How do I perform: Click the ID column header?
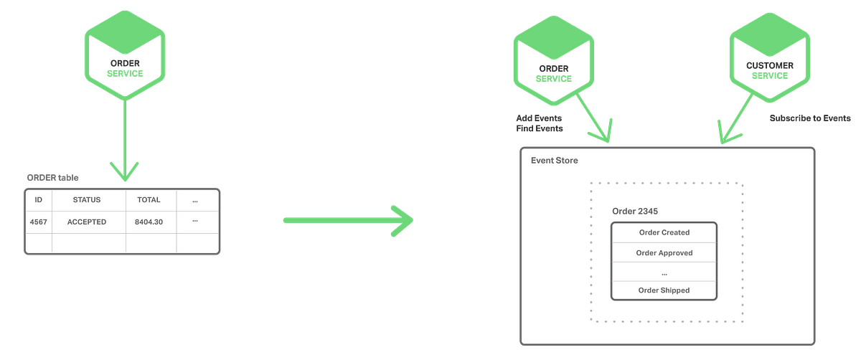(38, 200)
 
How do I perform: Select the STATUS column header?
(87, 200)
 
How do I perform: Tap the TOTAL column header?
(149, 200)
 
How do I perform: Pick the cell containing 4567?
(38, 222)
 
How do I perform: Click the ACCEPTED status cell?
(87, 222)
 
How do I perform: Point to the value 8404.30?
(149, 222)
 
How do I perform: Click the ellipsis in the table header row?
(195, 200)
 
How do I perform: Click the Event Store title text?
(554, 161)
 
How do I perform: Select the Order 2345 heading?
(635, 212)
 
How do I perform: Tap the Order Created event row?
(664, 232)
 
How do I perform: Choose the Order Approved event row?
(664, 252)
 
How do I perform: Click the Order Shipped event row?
(664, 290)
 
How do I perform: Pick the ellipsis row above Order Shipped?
(664, 273)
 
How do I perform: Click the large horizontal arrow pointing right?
(348, 220)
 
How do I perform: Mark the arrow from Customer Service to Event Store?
(735, 118)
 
